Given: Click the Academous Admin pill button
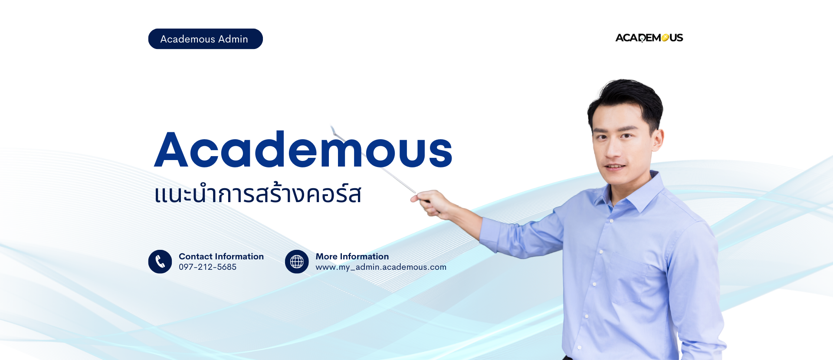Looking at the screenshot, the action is click(205, 39).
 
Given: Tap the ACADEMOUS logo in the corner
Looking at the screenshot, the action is click(649, 38).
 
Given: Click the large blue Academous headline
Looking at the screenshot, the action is click(303, 150).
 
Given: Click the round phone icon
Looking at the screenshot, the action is click(160, 262).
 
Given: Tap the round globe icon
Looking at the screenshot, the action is click(297, 262).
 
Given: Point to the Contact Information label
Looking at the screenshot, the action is click(221, 256).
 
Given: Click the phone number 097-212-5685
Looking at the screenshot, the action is click(208, 267).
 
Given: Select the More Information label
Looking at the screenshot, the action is click(352, 256).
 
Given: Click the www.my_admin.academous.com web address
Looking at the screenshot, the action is click(381, 267).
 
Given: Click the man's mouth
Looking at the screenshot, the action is click(615, 166).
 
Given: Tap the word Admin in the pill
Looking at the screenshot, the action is click(233, 39).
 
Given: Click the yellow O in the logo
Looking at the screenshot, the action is click(665, 38).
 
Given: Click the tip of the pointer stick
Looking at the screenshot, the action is click(331, 127).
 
